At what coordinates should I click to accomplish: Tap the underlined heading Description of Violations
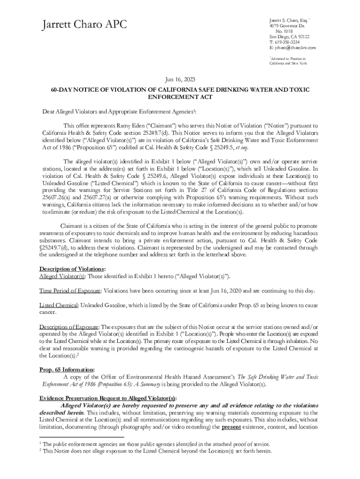[x=72, y=269]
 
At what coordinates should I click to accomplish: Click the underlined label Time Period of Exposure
[x=70, y=290]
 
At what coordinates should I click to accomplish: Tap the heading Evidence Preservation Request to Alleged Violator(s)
[x=108, y=398]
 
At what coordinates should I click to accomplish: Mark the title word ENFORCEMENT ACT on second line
[x=180, y=97]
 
